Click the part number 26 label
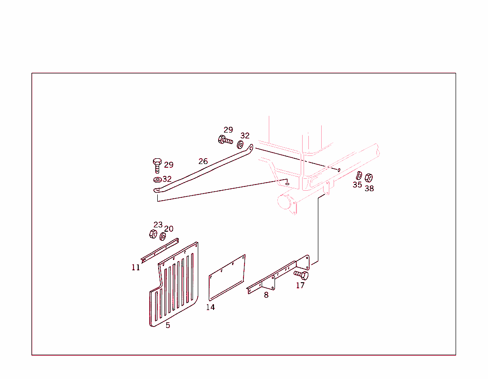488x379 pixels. [203, 161]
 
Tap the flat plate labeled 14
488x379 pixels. [227, 278]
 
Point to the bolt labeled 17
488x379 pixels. [301, 275]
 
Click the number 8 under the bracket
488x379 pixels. [266, 295]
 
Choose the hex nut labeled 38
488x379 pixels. [369, 178]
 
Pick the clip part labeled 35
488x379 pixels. [359, 175]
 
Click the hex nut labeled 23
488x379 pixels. [153, 234]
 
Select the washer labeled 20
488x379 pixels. [163, 236]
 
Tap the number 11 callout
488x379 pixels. [136, 267]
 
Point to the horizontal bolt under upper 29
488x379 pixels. [225, 140]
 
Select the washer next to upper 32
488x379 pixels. [240, 145]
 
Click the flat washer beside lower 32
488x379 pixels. [157, 180]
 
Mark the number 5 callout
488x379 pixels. [168, 326]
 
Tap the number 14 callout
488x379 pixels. [210, 307]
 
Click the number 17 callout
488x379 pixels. [300, 285]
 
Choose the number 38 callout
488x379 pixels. [369, 188]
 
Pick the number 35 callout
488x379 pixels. [357, 184]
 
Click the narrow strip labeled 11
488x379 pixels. [160, 251]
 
